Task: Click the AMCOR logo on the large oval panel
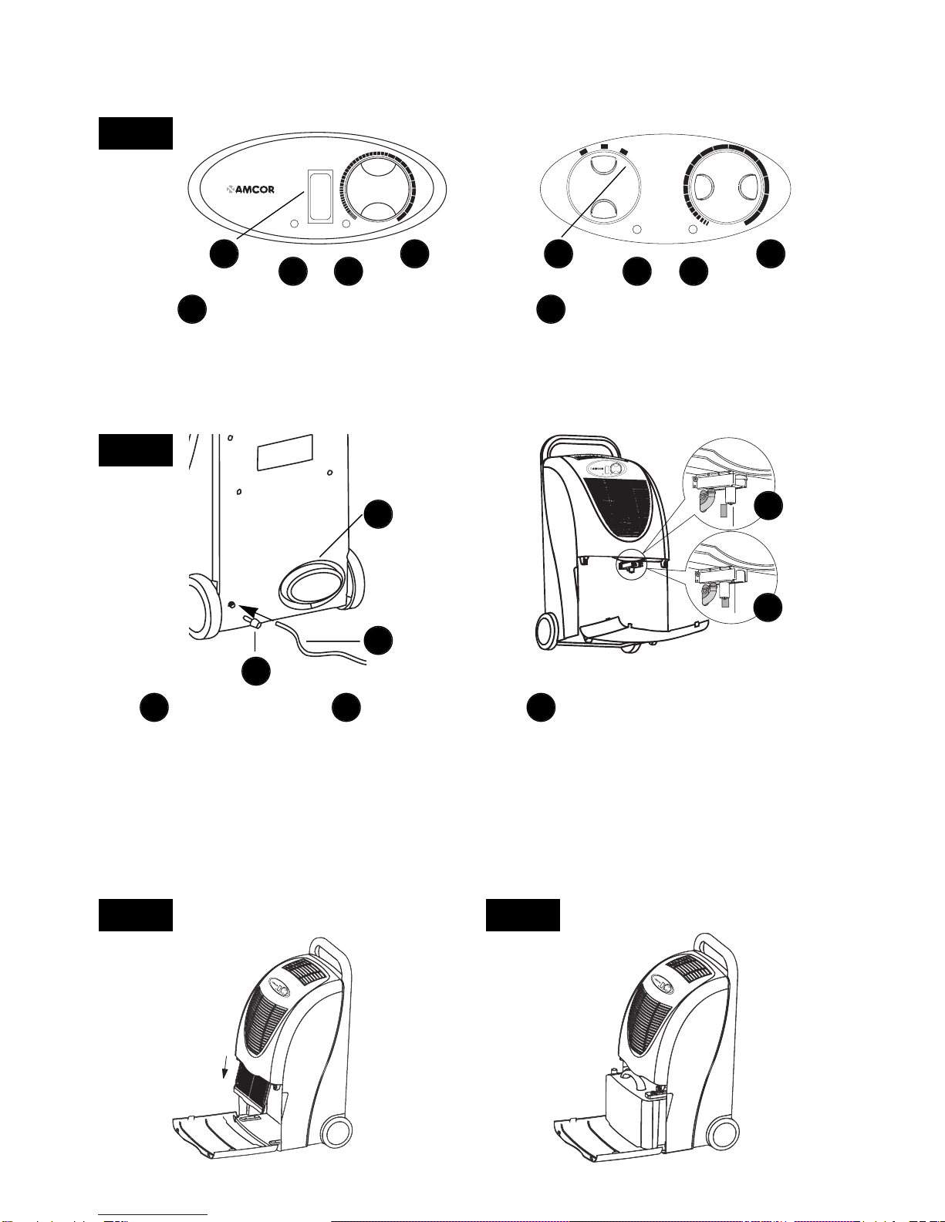(x=250, y=190)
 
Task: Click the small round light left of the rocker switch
(x=294, y=224)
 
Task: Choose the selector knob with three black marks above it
(x=603, y=187)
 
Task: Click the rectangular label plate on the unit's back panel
(x=285, y=452)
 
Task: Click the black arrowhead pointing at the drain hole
(x=249, y=610)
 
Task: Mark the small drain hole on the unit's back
(x=231, y=604)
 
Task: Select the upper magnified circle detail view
(x=729, y=483)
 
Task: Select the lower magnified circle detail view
(x=731, y=577)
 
